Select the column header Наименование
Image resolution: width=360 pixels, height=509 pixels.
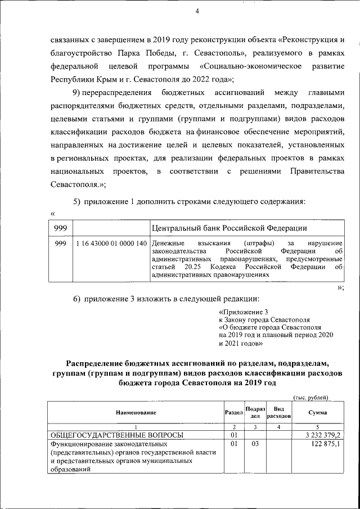coord(136,413)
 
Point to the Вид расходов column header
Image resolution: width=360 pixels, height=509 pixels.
coord(278,413)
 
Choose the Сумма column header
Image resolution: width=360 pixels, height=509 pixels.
coord(318,413)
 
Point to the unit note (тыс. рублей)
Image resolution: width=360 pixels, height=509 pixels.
coord(307,398)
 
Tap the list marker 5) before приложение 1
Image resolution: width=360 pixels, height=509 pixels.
coord(77,201)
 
